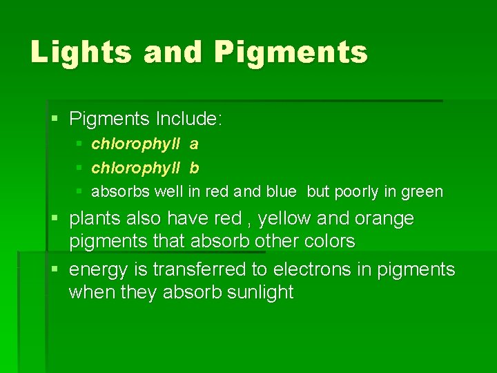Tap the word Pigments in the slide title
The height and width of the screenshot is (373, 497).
[x=291, y=52]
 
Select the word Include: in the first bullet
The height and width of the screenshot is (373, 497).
[x=188, y=119]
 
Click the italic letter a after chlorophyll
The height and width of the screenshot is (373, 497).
[x=194, y=144]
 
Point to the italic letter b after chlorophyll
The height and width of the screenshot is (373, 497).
[x=194, y=168]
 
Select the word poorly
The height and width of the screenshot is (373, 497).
[x=356, y=192]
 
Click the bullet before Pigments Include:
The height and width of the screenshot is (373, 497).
[x=56, y=119]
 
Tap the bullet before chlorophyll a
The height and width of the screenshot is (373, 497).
[x=79, y=144]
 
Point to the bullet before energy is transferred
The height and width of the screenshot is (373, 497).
[x=56, y=269]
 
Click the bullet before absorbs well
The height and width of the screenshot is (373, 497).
[x=79, y=191]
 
